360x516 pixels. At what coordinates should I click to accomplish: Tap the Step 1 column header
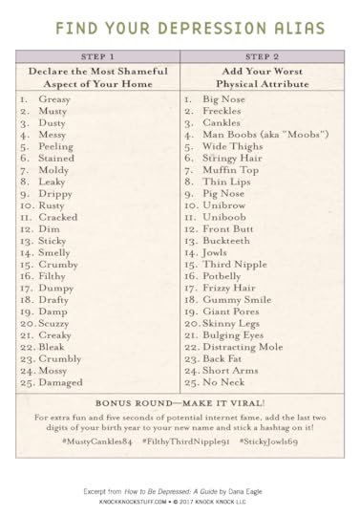pos(96,56)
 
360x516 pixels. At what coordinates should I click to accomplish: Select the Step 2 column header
pos(261,56)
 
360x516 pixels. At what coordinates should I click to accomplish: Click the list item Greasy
pos(56,98)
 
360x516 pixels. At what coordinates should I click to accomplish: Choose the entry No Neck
pos(227,382)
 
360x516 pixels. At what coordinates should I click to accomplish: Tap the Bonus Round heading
pos(180,402)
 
